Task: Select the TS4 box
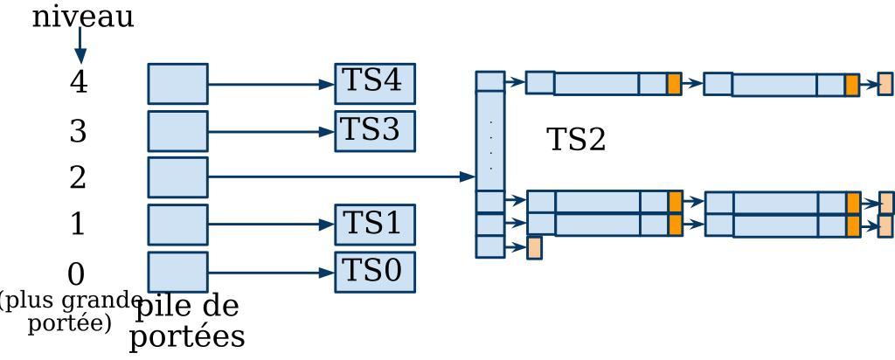point(374,83)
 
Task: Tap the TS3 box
point(374,131)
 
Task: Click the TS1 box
point(374,225)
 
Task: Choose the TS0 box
point(374,272)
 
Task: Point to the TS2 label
point(576,140)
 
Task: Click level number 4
point(79,83)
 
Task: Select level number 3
point(79,132)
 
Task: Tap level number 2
point(79,178)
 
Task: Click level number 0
point(77,274)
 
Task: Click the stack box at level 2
point(177,177)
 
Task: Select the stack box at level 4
point(177,84)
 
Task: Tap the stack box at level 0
point(177,272)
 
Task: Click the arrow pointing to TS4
point(271,85)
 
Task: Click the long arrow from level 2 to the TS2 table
point(341,177)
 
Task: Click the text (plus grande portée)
point(70,312)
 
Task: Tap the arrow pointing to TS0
point(271,273)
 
